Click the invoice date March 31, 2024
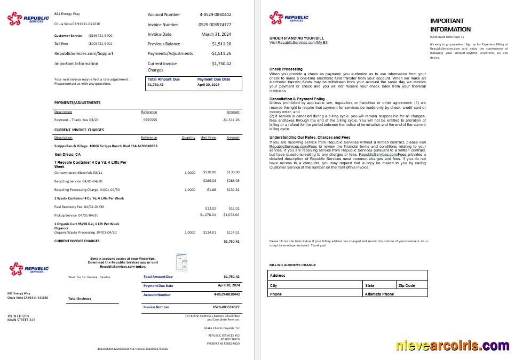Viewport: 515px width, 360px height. click(x=216, y=34)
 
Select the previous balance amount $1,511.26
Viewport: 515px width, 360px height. click(x=221, y=44)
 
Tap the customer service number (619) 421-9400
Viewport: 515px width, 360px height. click(x=100, y=35)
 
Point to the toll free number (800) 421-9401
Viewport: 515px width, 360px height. click(x=100, y=44)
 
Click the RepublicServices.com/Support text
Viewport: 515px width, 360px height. click(x=84, y=53)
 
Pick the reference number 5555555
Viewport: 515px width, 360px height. click(x=150, y=120)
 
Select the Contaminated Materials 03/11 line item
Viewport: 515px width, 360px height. click(x=78, y=172)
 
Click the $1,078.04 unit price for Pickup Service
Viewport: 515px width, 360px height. click(x=208, y=215)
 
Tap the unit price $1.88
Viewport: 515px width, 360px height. click(x=211, y=189)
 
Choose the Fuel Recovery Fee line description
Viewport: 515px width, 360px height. click(x=79, y=207)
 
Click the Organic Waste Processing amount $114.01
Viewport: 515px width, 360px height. click(x=233, y=233)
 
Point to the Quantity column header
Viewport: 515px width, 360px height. click(x=188, y=138)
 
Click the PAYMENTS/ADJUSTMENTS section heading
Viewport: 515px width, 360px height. click(x=77, y=102)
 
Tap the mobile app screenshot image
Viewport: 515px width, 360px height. click(x=182, y=261)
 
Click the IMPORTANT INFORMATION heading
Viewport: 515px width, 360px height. click(x=450, y=25)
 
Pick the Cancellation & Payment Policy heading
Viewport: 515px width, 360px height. click(x=297, y=99)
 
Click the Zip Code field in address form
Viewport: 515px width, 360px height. click(x=411, y=286)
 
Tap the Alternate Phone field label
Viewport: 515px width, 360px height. click(x=379, y=294)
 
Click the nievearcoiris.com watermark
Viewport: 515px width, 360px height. click(x=453, y=346)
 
